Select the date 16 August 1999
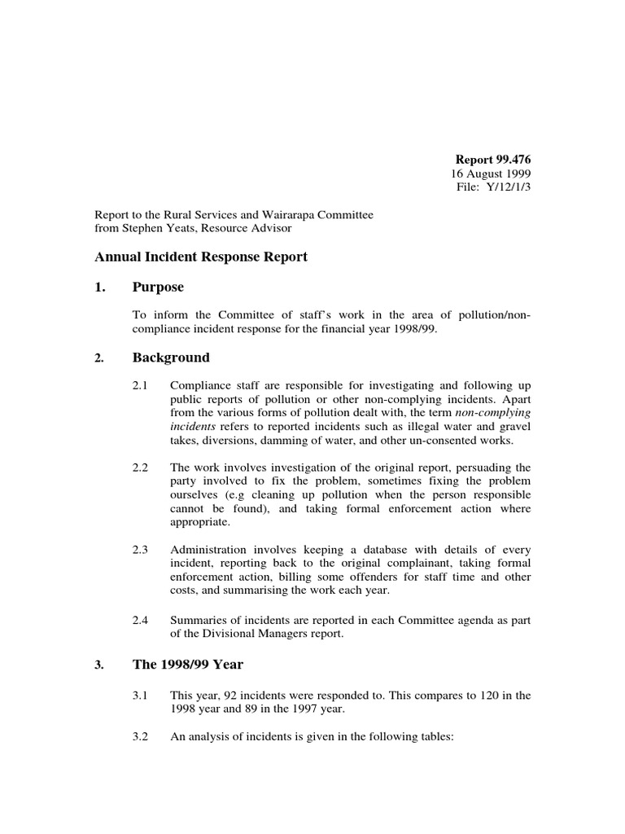click(x=491, y=174)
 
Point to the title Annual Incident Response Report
click(x=201, y=257)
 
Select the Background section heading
click(x=171, y=358)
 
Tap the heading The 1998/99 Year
click(x=187, y=665)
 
